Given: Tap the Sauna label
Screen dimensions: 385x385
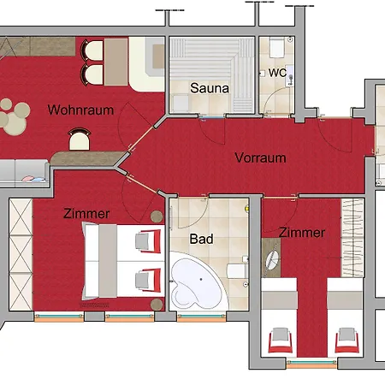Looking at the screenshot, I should click(x=209, y=88).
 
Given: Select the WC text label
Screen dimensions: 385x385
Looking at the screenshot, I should click(x=277, y=73).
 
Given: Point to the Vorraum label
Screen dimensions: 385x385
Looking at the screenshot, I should click(x=261, y=157).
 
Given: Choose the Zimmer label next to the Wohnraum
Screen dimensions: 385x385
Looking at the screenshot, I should click(x=86, y=213).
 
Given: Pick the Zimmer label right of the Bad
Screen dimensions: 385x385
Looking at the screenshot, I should click(x=301, y=233).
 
